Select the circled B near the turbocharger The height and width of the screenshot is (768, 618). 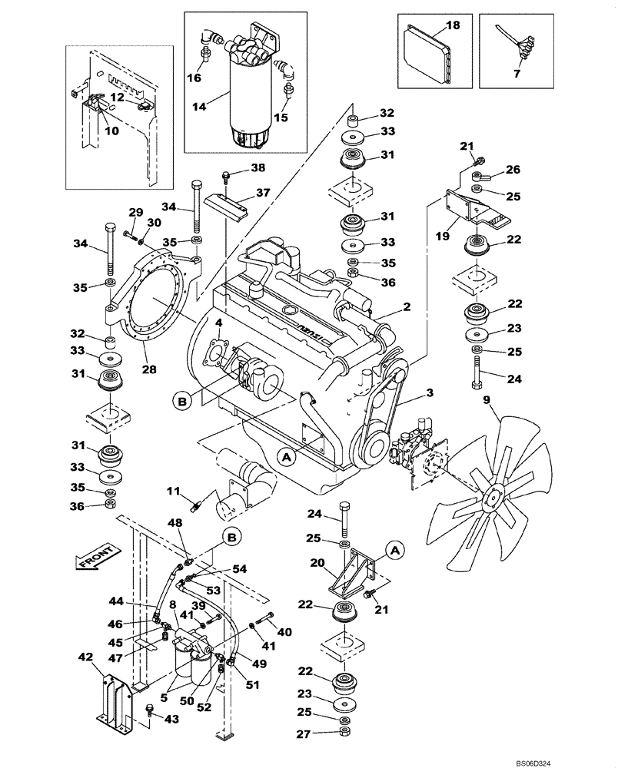pos(182,400)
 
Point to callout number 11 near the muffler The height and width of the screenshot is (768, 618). pos(173,489)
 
